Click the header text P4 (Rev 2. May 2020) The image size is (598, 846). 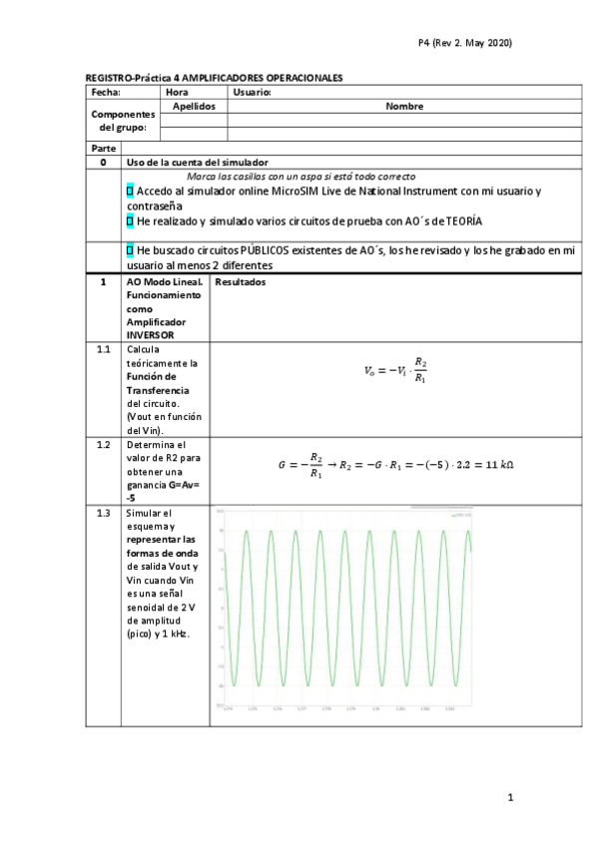coord(464,43)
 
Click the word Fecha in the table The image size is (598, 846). coord(106,92)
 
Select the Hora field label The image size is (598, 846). coord(177,92)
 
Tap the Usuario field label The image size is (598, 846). coord(252,92)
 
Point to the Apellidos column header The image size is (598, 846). coord(194,105)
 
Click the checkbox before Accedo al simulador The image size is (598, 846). coord(130,190)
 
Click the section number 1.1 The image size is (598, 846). coord(103,350)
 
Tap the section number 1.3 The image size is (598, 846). coord(103,512)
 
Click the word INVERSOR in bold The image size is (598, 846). coord(149,335)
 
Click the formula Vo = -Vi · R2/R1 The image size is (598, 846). coord(396,370)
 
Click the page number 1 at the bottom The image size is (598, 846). coord(509,797)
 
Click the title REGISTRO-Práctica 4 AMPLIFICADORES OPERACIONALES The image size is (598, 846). coord(214,77)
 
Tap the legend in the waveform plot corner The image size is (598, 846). coord(460,516)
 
